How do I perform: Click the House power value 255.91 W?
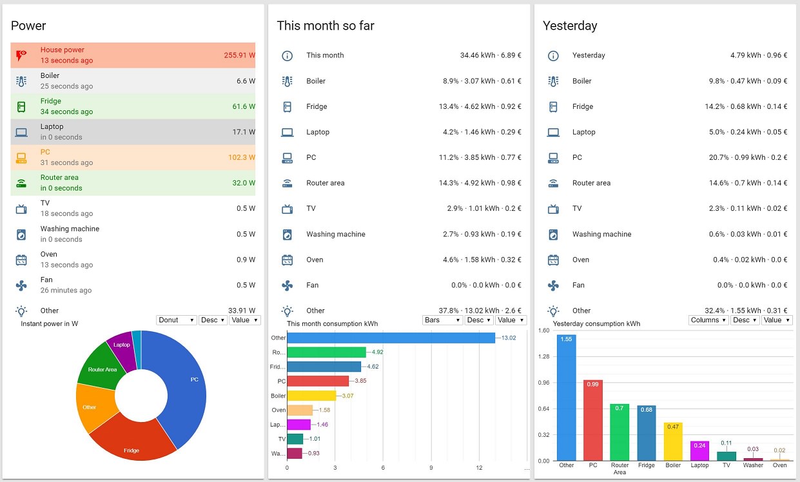(x=239, y=55)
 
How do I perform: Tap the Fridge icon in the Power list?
(x=21, y=106)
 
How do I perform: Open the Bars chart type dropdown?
(x=443, y=320)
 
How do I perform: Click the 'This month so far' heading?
(x=326, y=26)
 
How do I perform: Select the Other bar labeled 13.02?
(x=391, y=338)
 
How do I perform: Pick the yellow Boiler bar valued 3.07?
(x=311, y=396)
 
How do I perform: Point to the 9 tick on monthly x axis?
(x=431, y=468)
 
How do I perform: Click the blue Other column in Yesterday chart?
(x=567, y=397)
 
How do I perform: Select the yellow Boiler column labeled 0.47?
(x=673, y=441)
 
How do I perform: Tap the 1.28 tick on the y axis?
(x=543, y=356)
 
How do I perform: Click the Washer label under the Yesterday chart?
(x=753, y=465)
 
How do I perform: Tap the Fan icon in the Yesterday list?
(x=553, y=285)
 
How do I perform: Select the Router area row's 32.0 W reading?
(x=244, y=183)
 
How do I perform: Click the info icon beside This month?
(x=288, y=55)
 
